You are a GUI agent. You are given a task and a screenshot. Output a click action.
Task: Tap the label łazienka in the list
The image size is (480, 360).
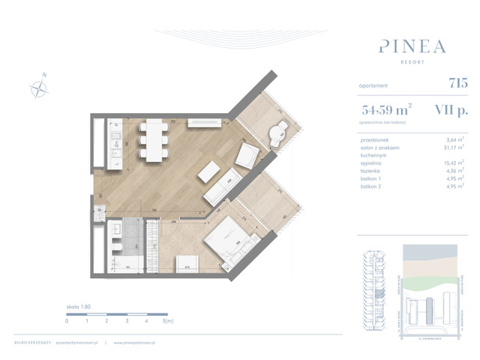(x=373, y=171)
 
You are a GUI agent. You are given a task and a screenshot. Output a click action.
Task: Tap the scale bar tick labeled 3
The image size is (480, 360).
(x=127, y=320)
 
